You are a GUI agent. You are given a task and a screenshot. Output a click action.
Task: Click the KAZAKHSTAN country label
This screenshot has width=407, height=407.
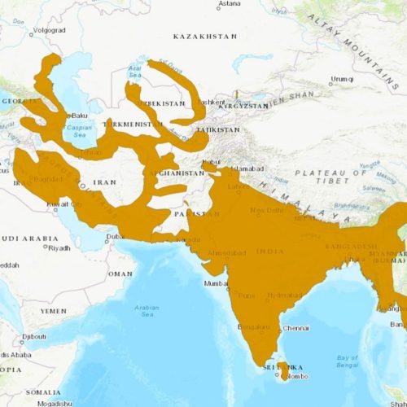tap(205, 37)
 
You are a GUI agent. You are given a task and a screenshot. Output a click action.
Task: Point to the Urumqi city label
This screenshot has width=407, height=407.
tap(340, 79)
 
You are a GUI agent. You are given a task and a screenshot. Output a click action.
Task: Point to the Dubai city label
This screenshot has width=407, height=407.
tap(115, 236)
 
